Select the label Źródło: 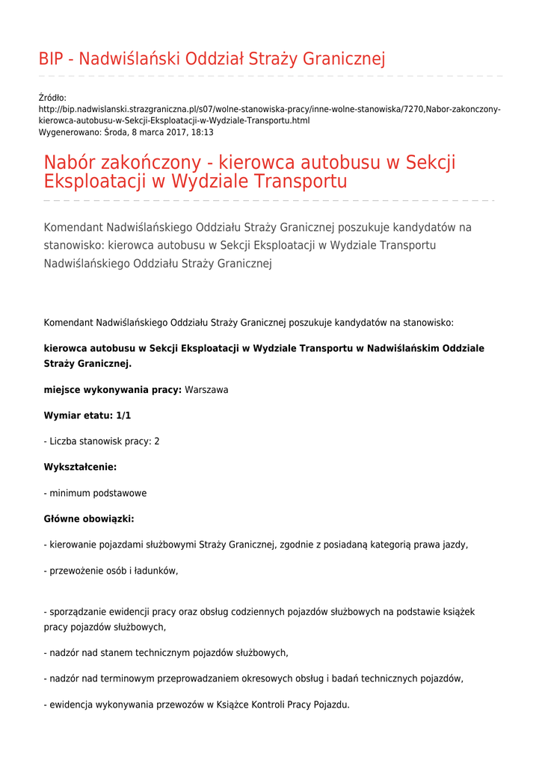(x=52, y=98)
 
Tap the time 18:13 (x=203, y=132)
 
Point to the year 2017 (x=172, y=132)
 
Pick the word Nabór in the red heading (x=71, y=163)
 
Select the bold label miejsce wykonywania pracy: (x=113, y=390)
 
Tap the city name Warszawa (x=206, y=390)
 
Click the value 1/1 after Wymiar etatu (x=123, y=415)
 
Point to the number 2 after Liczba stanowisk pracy (x=156, y=442)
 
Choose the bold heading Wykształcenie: (x=80, y=467)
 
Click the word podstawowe (x=122, y=493)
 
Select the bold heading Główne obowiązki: (x=89, y=519)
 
